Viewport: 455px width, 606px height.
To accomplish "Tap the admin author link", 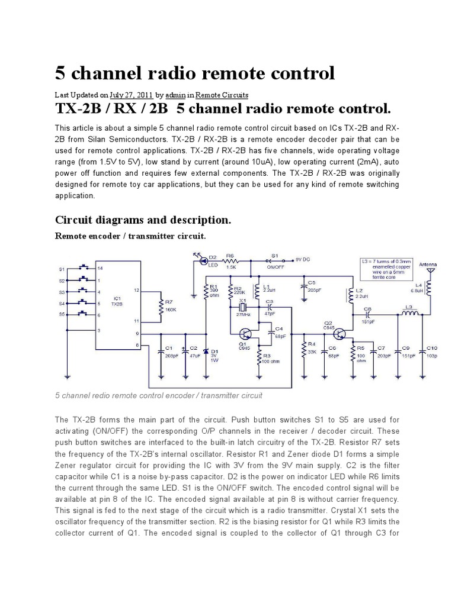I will [x=175, y=95].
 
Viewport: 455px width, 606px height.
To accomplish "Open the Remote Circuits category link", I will [x=222, y=95].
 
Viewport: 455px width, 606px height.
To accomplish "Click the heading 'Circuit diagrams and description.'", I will [x=143, y=220].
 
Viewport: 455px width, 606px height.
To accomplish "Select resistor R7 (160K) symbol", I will [x=161, y=306].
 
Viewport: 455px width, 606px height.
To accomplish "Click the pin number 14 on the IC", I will [x=100, y=269].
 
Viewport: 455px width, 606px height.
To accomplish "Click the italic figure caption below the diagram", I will [x=159, y=395].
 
